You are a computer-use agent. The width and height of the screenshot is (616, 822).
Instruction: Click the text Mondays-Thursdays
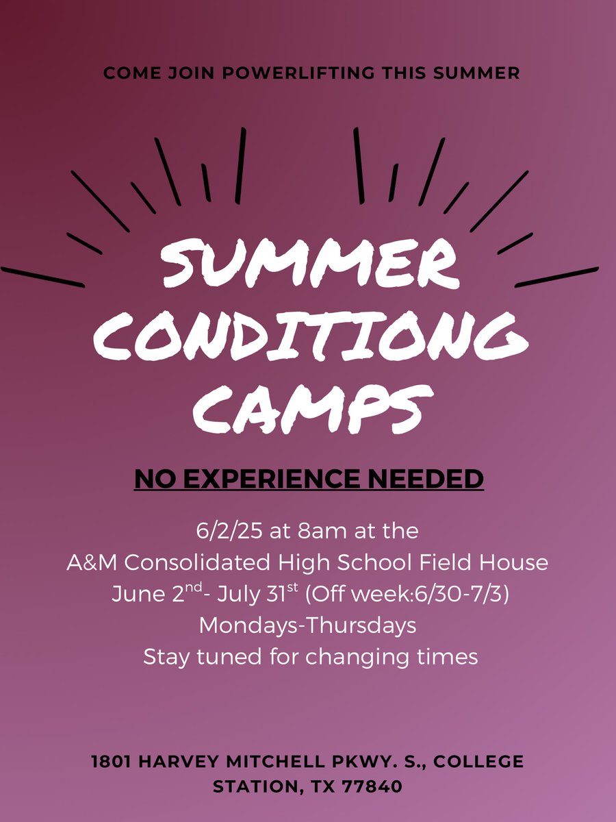pos(308,625)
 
